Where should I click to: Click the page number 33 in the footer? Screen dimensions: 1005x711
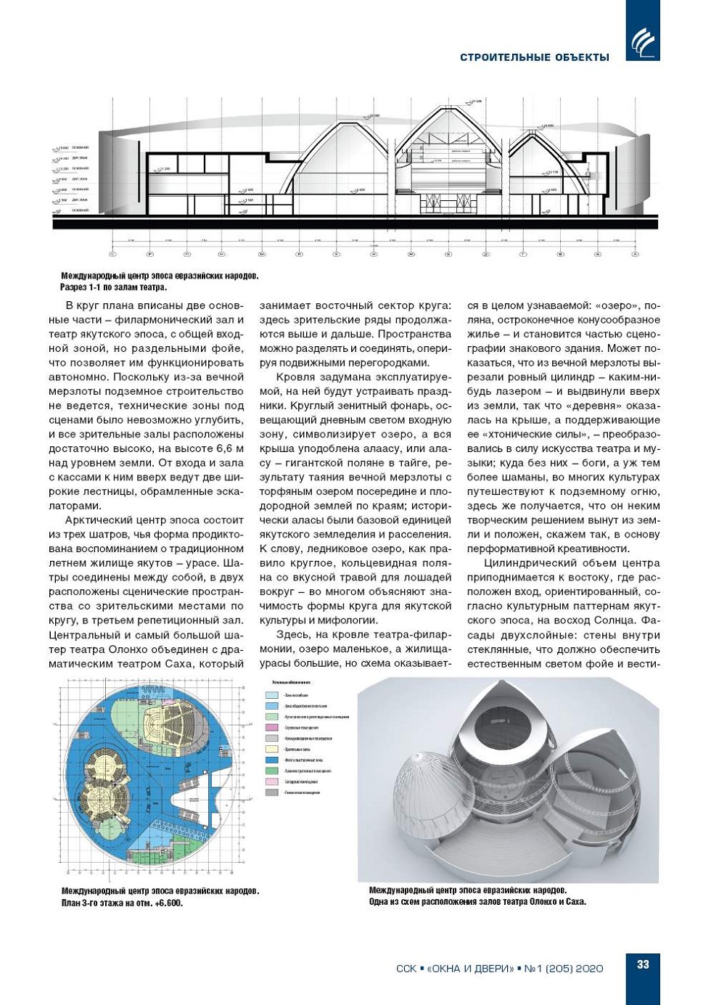(x=643, y=964)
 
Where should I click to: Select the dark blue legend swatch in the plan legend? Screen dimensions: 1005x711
(x=272, y=760)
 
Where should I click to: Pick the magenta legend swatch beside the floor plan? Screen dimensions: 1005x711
(x=272, y=727)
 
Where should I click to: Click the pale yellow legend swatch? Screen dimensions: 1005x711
(x=272, y=749)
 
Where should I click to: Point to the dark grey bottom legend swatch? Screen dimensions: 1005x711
(x=272, y=792)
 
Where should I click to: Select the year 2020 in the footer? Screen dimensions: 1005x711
(x=589, y=969)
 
